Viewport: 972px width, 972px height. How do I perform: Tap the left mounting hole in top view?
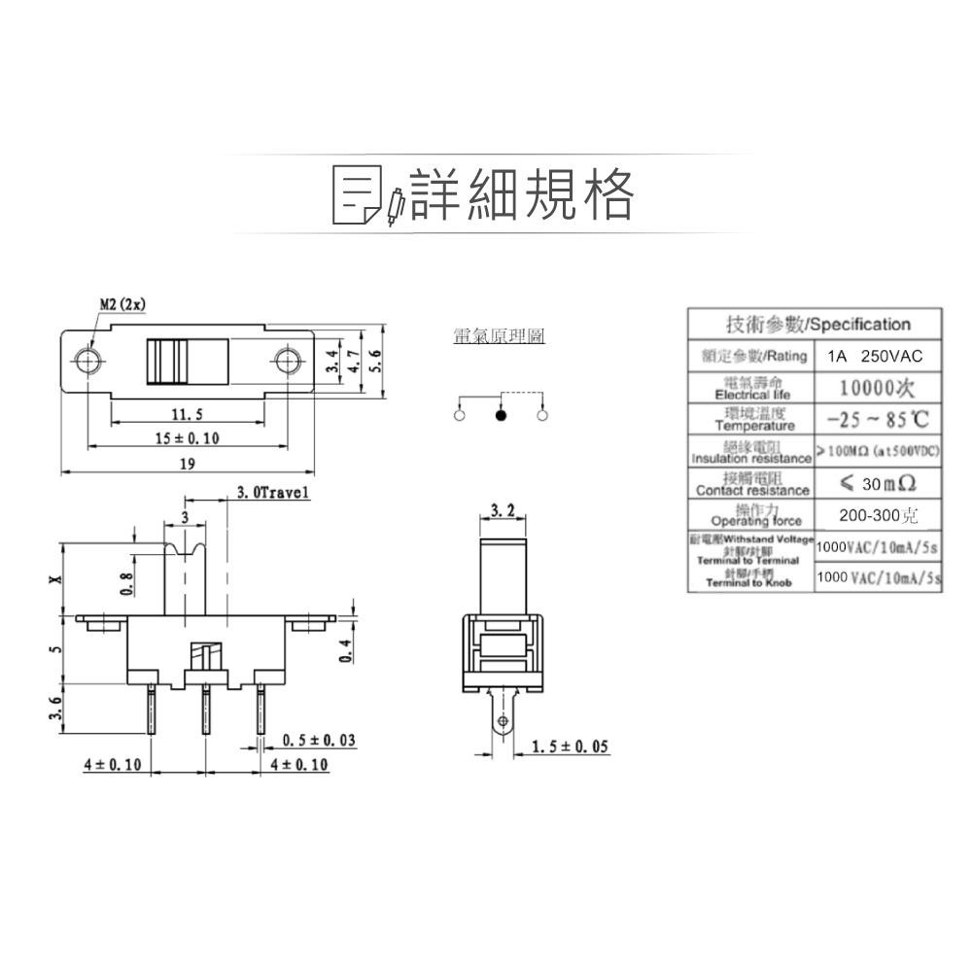coord(88,362)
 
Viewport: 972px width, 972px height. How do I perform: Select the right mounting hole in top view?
coord(286,362)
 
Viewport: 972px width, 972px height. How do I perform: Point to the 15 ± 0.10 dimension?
coord(187,438)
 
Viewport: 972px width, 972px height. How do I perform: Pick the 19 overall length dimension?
coord(187,464)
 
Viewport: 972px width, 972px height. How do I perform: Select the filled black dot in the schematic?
coord(501,415)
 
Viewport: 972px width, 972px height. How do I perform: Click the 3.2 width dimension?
coord(503,510)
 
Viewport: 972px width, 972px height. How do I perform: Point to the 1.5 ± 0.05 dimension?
coord(571,746)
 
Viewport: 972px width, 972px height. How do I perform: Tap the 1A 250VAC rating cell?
coord(875,357)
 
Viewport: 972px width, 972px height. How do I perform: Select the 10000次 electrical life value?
coord(876,389)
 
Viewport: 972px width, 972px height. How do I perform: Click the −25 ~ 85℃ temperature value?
coord(876,421)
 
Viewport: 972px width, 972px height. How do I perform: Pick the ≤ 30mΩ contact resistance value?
coord(876,483)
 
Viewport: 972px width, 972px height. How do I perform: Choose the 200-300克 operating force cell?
coord(876,514)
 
